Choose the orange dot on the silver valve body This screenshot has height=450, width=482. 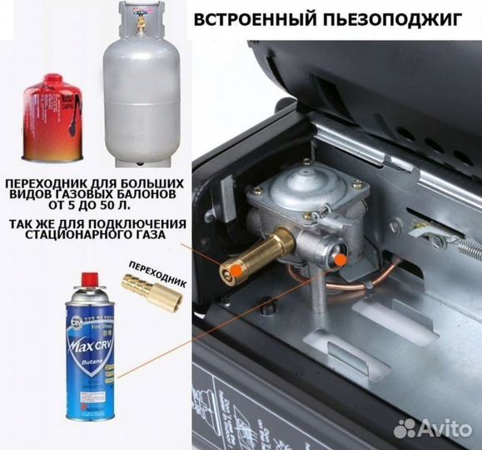pyautogui.click(x=341, y=259)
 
